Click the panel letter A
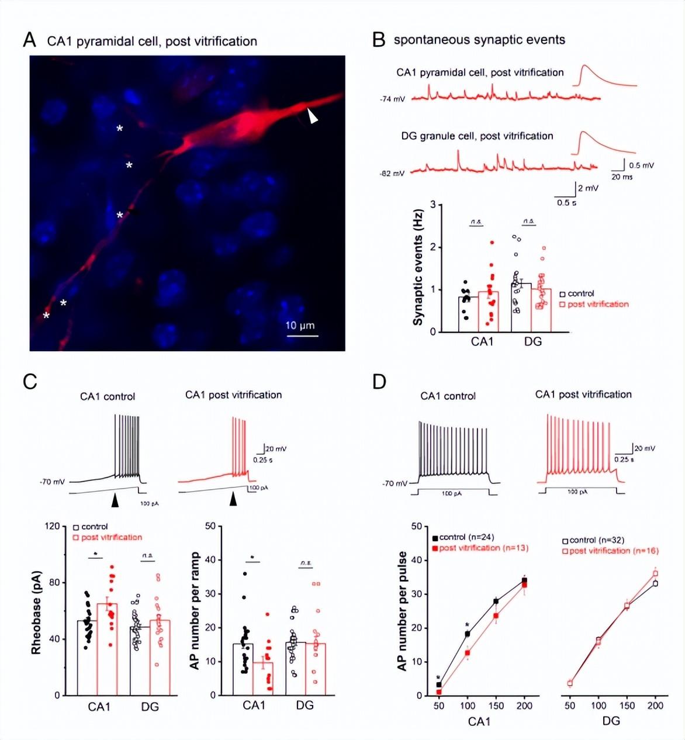pos(29,40)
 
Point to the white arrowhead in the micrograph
pos(313,117)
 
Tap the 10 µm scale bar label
pos(300,326)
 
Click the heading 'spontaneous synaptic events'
pos(479,40)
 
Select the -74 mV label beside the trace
pos(392,99)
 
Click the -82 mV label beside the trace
pos(392,174)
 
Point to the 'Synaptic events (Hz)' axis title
pos(418,268)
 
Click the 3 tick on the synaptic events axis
pos(433,205)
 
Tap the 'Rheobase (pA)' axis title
pos(36,612)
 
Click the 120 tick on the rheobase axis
pos(52,526)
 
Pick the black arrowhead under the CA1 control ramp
pos(115,500)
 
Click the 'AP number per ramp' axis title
pos(195,610)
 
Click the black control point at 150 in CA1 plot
pos(496,601)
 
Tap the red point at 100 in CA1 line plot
pos(467,652)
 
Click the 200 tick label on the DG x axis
pos(655,706)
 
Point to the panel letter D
pos(379,382)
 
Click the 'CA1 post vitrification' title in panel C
pos(233,395)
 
